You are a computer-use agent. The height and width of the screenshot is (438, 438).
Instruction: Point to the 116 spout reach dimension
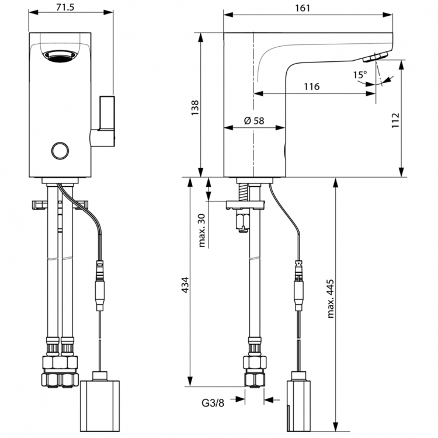coord(311,86)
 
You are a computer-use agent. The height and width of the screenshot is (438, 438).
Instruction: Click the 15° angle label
coord(360,75)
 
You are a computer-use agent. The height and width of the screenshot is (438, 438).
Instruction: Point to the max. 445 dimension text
coord(330,298)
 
